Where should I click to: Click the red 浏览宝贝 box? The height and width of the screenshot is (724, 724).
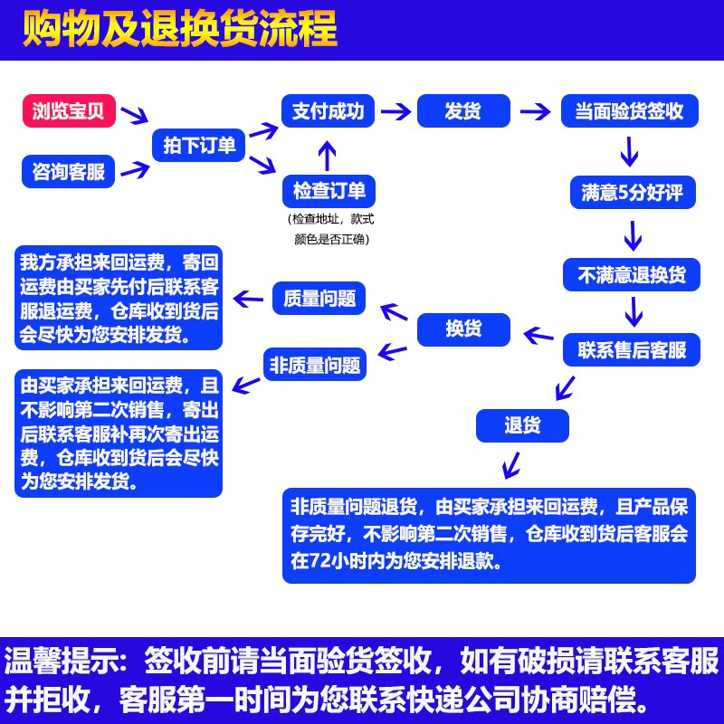tap(69, 112)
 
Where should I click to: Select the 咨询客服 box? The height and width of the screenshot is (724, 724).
tap(69, 171)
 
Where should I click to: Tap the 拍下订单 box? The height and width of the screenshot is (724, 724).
tap(199, 144)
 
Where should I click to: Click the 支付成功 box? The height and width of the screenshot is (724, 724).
tap(328, 111)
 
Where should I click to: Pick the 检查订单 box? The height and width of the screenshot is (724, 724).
tap(329, 190)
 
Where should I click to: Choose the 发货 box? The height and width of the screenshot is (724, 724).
tap(463, 111)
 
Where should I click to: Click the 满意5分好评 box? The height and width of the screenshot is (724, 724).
tap(632, 192)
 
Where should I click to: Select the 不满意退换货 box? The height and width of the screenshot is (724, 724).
tap(632, 274)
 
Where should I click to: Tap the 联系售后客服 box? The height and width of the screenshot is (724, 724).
tap(632, 350)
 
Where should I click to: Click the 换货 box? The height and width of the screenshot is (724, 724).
tap(463, 329)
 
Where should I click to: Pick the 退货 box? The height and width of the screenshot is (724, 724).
tap(522, 424)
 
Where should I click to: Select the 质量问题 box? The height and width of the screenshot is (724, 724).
tap(319, 298)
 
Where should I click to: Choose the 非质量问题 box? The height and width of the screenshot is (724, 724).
tap(314, 365)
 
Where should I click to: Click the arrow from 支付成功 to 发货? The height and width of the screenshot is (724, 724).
tap(395, 111)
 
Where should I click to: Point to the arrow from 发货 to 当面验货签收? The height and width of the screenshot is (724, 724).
tap(536, 111)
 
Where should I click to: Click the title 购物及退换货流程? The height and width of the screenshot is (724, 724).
tap(180, 30)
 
